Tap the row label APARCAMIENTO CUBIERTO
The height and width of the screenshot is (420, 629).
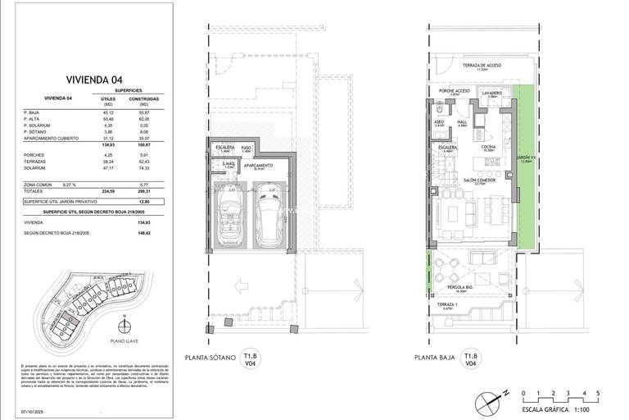[x=52, y=138]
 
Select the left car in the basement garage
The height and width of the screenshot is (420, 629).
[x=229, y=218]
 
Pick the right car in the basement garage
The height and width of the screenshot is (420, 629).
[x=269, y=218]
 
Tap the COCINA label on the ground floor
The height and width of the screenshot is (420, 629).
[x=488, y=147]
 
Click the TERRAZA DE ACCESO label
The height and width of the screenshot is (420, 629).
[x=481, y=66]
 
